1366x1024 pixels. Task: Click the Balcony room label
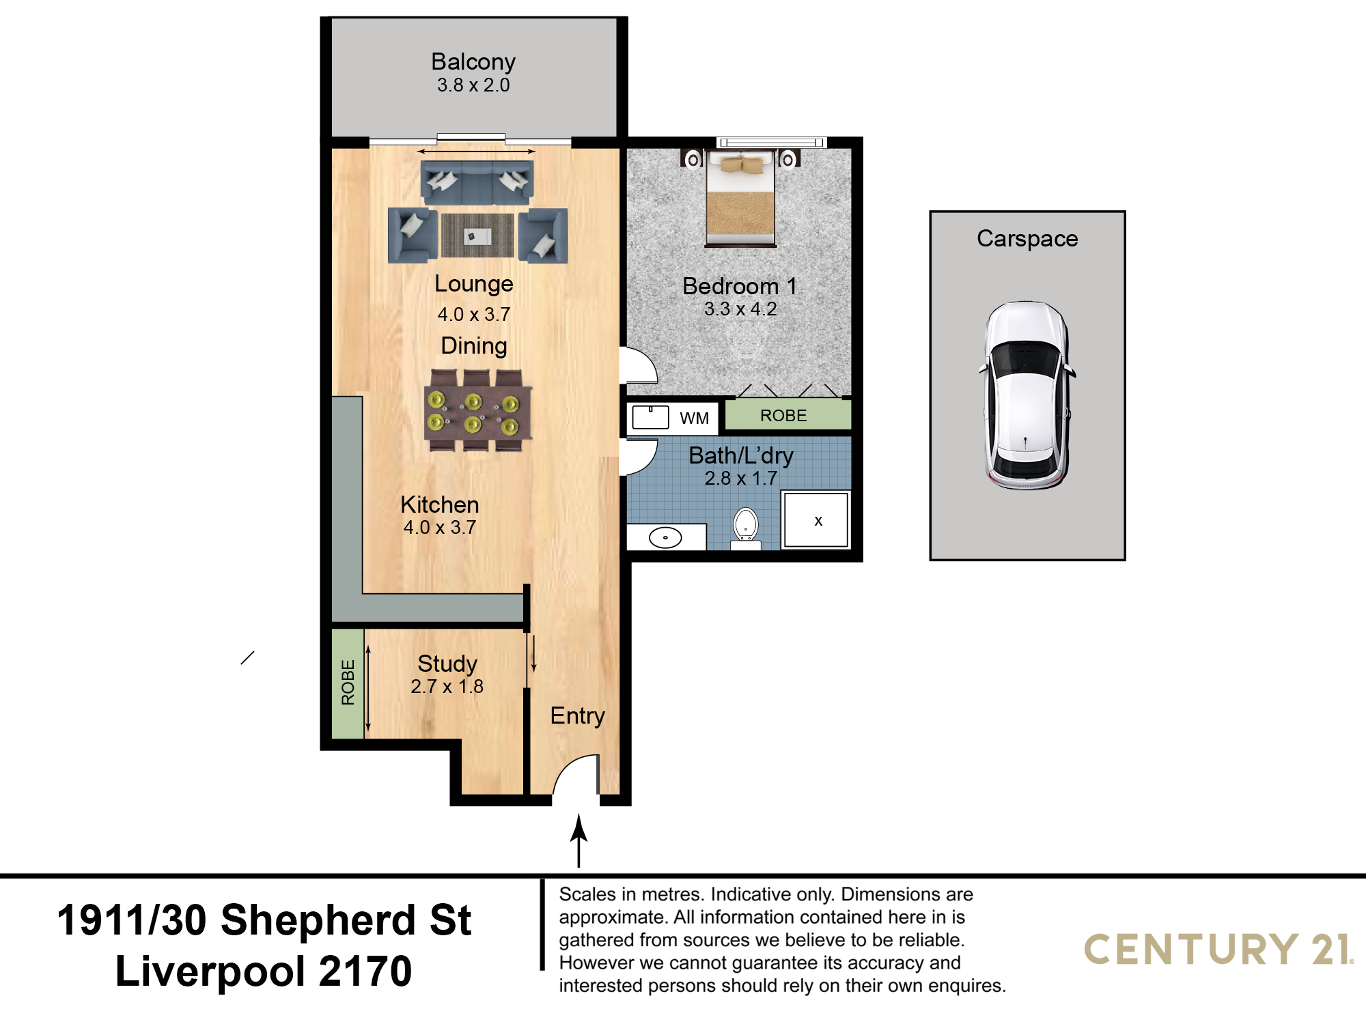pyautogui.click(x=473, y=62)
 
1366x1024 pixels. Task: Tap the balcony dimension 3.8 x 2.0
pyautogui.click(x=473, y=85)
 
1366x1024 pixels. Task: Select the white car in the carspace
pyautogui.click(x=1026, y=395)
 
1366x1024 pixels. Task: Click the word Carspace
pyautogui.click(x=1027, y=238)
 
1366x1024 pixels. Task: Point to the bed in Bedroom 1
pyautogui.click(x=741, y=197)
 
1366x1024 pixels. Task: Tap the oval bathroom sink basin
pyautogui.click(x=665, y=538)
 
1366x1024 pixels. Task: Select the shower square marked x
pyautogui.click(x=816, y=520)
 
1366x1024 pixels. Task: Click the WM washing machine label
pyautogui.click(x=694, y=418)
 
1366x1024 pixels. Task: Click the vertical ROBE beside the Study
pyautogui.click(x=348, y=683)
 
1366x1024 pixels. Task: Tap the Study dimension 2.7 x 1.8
pyautogui.click(x=447, y=687)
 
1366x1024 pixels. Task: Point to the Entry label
pyautogui.click(x=578, y=716)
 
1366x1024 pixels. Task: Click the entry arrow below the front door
pyautogui.click(x=579, y=840)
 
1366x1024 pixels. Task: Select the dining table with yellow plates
pyautogui.click(x=478, y=411)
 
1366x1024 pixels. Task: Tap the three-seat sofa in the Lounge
pyautogui.click(x=477, y=183)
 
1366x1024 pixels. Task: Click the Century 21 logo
pyautogui.click(x=1219, y=949)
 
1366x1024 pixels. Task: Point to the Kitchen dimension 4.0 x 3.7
pyautogui.click(x=440, y=528)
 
